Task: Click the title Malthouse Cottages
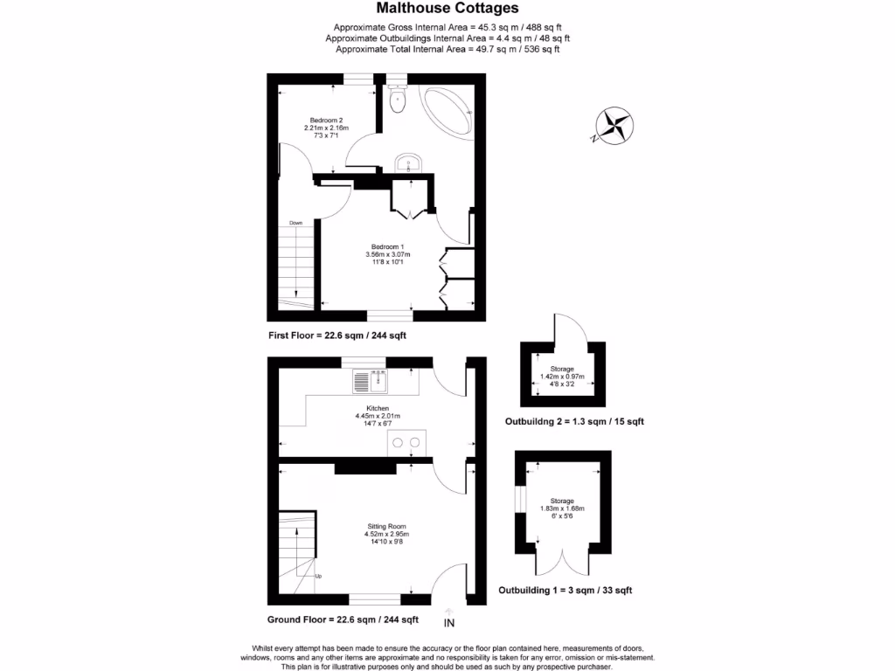[x=447, y=8]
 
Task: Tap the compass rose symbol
[x=615, y=124]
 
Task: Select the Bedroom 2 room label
[x=326, y=121]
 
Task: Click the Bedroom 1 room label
[x=387, y=246]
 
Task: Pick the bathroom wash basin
[x=409, y=163]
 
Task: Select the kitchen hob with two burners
[x=406, y=442]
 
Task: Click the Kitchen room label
[x=378, y=408]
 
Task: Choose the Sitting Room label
[x=387, y=527]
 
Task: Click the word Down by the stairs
[x=296, y=223]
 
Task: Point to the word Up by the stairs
[x=318, y=577]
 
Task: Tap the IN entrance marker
[x=449, y=623]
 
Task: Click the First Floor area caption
[x=337, y=335]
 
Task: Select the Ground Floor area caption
[x=343, y=619]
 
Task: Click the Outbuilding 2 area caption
[x=574, y=421]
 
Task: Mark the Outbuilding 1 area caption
[x=565, y=591]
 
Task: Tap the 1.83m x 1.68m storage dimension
[x=562, y=508]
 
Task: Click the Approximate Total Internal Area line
[x=447, y=50]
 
